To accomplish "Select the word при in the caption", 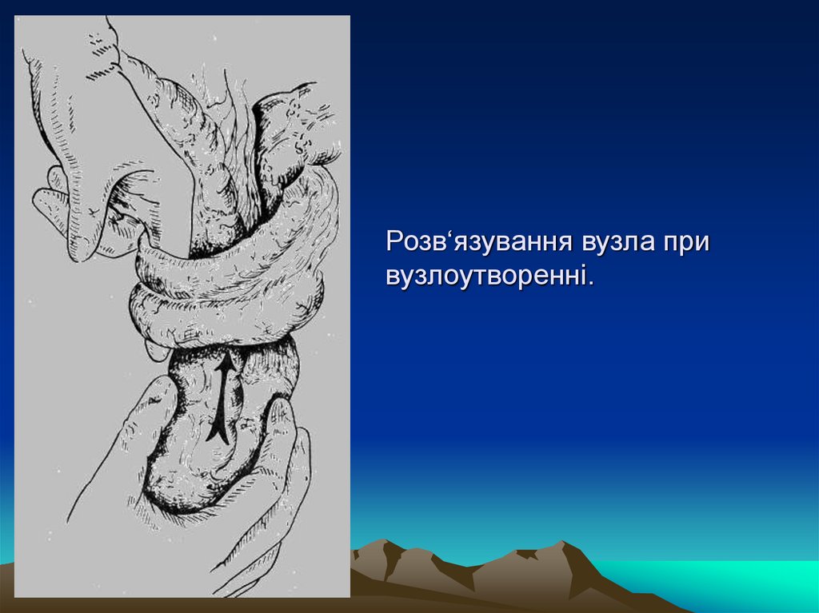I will tap(685, 241).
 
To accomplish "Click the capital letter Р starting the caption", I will tap(394, 241).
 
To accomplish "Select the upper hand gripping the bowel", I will tap(88, 120).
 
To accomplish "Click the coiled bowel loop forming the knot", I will tap(232, 280).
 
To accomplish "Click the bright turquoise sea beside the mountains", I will tap(720, 579).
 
